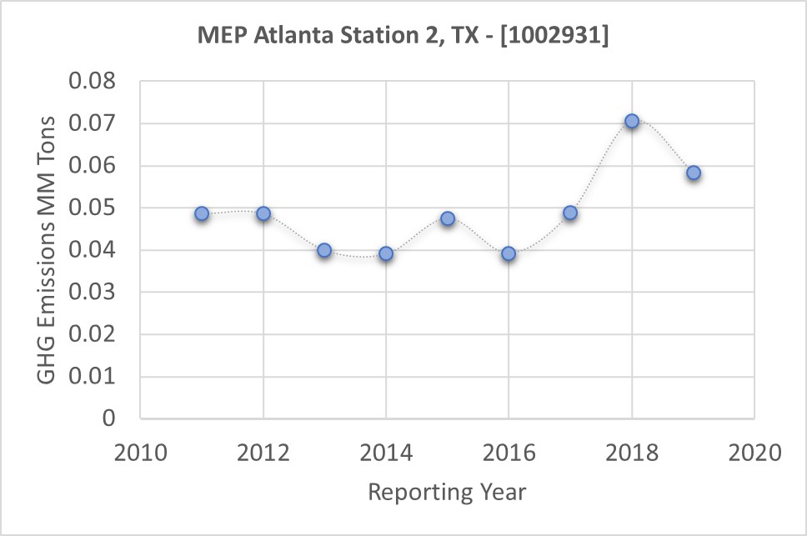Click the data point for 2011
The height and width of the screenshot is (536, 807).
[x=202, y=213]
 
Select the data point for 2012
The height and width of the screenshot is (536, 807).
[x=263, y=213]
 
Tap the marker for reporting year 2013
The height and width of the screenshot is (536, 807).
[x=324, y=250]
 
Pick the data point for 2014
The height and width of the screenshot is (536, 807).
[x=386, y=253]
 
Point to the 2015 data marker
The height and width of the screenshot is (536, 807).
[x=448, y=218]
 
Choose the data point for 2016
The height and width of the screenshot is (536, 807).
[x=509, y=253]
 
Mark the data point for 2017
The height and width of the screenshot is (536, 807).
[x=570, y=213]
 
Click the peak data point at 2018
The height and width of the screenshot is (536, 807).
[x=632, y=121]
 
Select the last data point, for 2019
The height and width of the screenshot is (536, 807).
[x=693, y=173]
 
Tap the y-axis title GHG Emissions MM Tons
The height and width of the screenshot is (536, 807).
[x=48, y=249]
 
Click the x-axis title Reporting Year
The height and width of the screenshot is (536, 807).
[x=447, y=492]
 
